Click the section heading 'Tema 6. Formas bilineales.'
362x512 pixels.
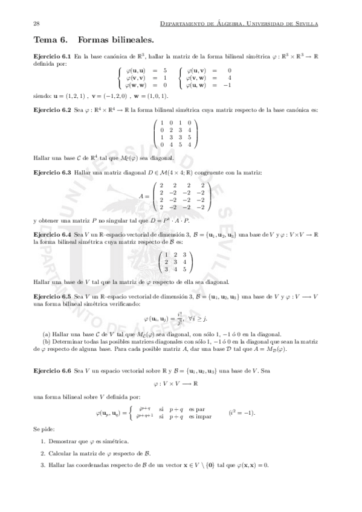[x=94, y=40]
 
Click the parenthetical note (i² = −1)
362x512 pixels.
[x=242, y=413]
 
